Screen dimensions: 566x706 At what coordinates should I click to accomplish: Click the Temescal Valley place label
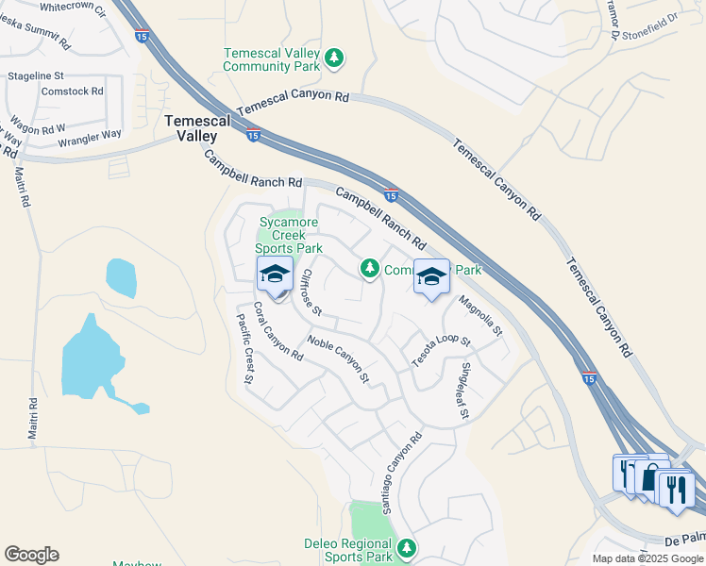tap(198, 128)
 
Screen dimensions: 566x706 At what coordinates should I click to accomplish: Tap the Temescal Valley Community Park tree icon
tap(333, 59)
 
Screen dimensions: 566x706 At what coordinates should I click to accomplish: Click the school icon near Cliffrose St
tap(275, 275)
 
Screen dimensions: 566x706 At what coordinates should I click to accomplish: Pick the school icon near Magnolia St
tap(431, 276)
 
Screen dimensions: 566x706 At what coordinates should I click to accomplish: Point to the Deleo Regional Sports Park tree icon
tap(407, 547)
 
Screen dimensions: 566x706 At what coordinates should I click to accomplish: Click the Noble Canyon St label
tap(338, 358)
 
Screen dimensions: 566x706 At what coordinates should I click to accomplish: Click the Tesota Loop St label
tap(441, 351)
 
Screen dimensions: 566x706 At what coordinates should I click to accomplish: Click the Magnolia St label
tap(480, 318)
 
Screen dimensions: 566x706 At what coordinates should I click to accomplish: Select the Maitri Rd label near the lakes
tap(33, 420)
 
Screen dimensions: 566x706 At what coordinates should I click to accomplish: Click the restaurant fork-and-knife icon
tap(677, 489)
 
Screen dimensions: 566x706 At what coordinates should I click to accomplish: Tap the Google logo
tap(31, 555)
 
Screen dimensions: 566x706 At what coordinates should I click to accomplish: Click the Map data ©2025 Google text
tap(647, 558)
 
